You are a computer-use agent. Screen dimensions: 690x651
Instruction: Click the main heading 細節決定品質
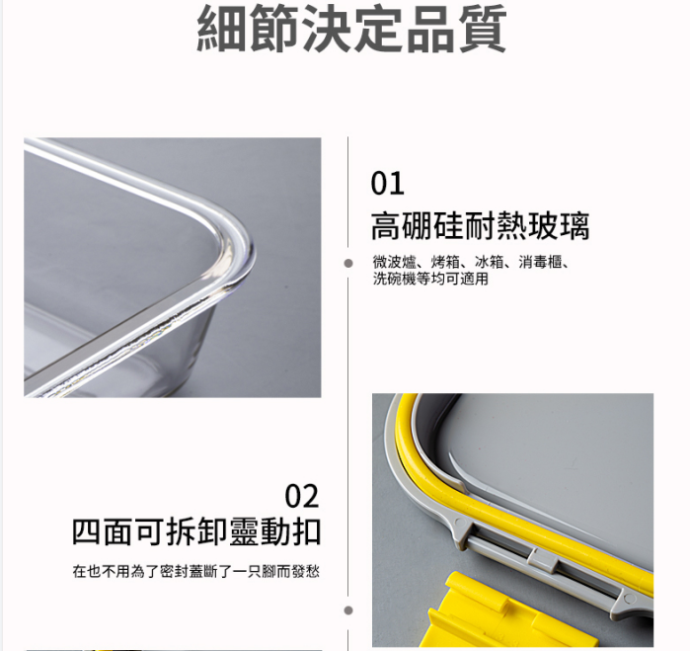351,29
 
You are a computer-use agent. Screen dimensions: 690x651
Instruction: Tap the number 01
387,184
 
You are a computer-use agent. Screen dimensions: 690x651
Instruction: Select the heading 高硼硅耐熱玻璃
480,226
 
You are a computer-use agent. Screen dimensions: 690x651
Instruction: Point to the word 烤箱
445,262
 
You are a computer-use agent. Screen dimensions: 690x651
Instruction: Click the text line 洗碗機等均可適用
430,279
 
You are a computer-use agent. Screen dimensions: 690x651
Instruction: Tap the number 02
302,496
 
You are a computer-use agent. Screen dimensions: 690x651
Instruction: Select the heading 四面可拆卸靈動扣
196,532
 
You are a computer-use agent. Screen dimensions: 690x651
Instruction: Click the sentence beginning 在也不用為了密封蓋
196,572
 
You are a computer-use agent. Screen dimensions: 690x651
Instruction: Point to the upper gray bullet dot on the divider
348,263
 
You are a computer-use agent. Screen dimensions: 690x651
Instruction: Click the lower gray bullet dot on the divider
348,610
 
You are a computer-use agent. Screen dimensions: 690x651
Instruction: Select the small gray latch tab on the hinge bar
543,561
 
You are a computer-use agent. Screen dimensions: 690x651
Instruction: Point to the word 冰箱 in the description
490,262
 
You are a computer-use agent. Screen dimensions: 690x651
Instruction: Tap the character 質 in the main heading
483,29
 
